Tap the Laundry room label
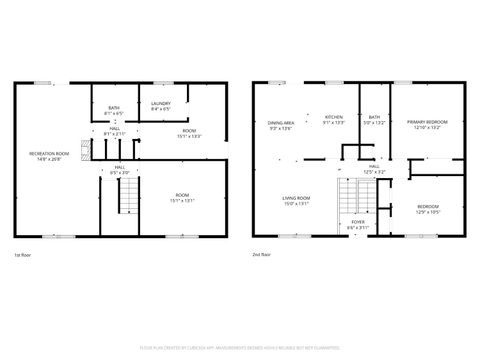(x=161, y=106)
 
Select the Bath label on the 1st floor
(x=113, y=112)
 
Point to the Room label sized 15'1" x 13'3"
(x=189, y=133)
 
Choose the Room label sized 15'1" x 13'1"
(x=182, y=196)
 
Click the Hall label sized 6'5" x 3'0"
(x=119, y=169)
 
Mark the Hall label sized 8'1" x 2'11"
(x=115, y=131)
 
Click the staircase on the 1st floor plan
(x=127, y=197)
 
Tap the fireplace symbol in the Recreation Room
(x=86, y=150)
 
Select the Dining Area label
(x=281, y=124)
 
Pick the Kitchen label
(x=334, y=119)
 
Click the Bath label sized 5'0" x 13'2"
(x=374, y=120)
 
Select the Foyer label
(x=357, y=224)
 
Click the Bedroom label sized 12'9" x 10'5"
(x=427, y=209)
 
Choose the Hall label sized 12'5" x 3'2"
(x=373, y=169)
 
